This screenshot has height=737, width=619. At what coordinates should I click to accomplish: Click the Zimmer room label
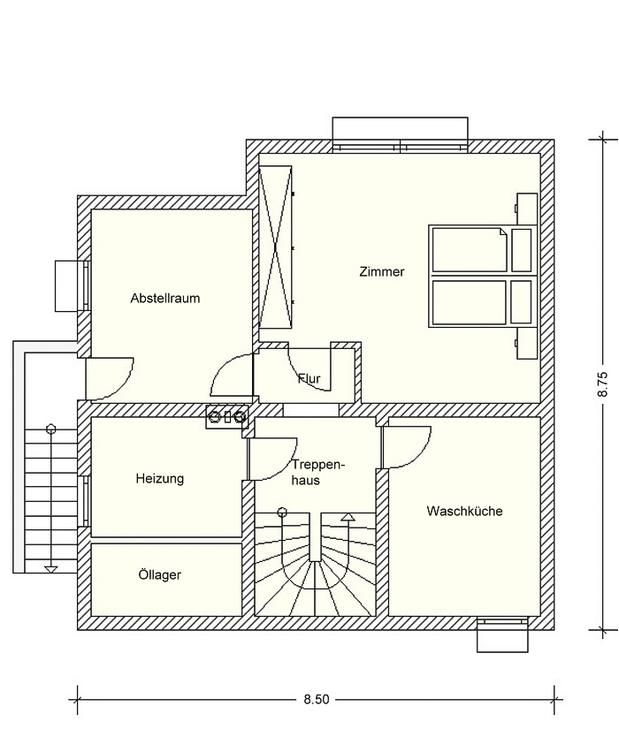(x=381, y=271)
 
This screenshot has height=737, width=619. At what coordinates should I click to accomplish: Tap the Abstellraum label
(x=165, y=298)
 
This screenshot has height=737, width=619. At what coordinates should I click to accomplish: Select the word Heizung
(x=160, y=479)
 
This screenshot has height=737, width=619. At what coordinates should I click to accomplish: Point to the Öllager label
(x=160, y=574)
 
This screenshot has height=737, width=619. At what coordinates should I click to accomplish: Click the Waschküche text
(x=465, y=511)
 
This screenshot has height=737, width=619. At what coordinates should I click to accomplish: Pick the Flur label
(x=309, y=378)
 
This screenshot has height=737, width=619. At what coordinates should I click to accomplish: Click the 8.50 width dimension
(x=316, y=699)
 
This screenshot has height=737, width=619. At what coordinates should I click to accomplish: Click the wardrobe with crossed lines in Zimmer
(x=276, y=247)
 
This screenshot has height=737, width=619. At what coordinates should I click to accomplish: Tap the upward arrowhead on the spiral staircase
(x=348, y=517)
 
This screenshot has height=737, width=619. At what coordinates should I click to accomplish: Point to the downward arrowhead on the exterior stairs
(x=50, y=570)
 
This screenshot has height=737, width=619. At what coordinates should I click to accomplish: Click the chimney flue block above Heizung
(x=226, y=416)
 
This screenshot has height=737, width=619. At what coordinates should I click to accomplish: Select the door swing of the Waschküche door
(x=408, y=447)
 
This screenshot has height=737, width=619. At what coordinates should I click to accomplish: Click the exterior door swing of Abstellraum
(x=110, y=379)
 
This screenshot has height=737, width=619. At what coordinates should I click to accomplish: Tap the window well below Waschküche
(x=502, y=634)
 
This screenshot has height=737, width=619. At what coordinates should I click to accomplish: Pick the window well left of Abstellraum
(x=70, y=285)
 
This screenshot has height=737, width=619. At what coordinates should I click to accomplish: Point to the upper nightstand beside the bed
(x=527, y=209)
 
